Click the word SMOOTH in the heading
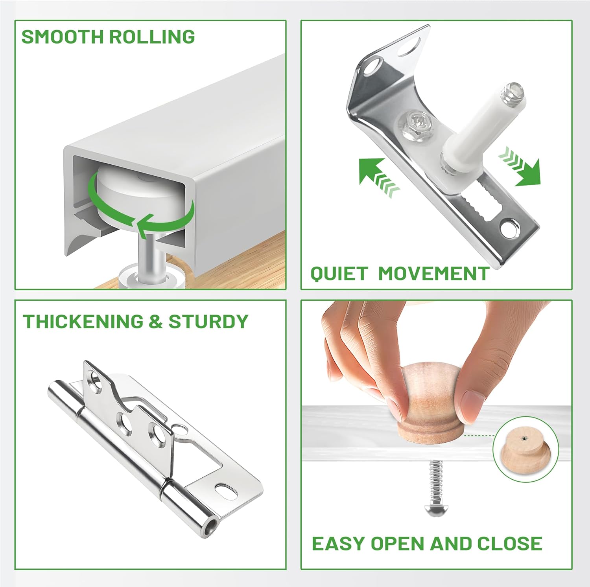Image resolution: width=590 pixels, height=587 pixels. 62,37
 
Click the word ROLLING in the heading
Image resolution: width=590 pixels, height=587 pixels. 152,37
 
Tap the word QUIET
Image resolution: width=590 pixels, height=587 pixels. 339,274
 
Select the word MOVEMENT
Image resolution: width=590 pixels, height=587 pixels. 433,274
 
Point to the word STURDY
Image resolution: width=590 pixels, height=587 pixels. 208,322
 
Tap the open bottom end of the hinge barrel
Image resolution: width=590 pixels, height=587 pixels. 212,524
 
